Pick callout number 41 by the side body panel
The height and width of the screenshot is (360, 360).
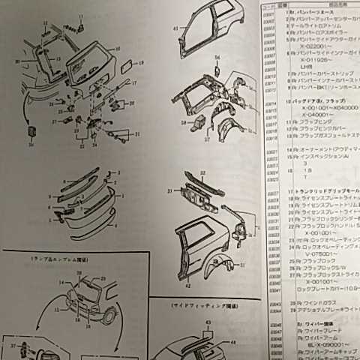(177, 30)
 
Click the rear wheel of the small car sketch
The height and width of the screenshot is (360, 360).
(110, 318)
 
